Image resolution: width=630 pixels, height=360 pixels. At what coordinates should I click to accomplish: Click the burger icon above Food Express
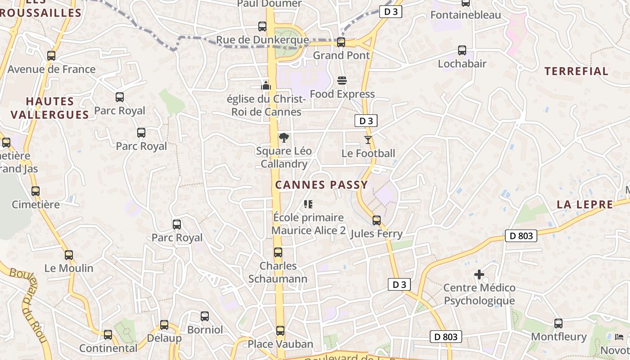[342, 81]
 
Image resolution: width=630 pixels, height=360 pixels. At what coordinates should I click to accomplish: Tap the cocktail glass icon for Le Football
[368, 140]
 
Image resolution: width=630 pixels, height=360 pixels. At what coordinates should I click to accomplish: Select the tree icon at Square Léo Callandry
[283, 137]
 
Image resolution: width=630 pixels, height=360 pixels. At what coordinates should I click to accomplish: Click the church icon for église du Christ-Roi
[266, 85]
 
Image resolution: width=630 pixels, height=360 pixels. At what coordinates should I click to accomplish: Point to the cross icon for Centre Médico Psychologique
[479, 274]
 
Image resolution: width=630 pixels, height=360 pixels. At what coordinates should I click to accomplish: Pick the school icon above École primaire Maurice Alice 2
[308, 204]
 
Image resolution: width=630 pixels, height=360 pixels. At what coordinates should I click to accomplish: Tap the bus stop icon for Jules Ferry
[376, 220]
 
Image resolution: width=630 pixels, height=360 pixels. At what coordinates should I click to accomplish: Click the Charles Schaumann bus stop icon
[278, 252]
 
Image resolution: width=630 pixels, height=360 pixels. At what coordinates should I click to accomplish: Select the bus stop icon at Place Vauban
[280, 331]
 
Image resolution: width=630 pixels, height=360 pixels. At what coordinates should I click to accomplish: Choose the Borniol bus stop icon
[205, 316]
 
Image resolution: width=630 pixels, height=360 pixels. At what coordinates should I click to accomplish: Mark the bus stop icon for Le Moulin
[68, 255]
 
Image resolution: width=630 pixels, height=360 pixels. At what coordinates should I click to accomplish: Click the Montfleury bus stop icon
[558, 323]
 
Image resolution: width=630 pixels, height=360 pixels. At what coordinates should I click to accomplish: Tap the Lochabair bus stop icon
[462, 50]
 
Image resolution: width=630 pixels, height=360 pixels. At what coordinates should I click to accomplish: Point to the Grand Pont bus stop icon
[341, 42]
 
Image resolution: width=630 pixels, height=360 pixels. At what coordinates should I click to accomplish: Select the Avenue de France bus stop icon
[51, 56]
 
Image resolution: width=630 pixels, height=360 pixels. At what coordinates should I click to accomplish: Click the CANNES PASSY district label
[321, 184]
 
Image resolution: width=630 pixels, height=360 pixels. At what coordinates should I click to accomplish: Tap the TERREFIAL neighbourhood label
[576, 71]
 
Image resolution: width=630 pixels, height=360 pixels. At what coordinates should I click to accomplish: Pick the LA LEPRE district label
[585, 204]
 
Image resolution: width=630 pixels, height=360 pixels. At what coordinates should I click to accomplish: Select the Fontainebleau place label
[465, 15]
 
